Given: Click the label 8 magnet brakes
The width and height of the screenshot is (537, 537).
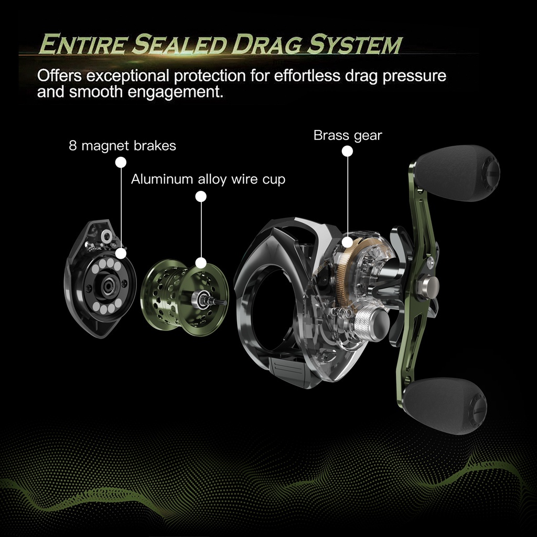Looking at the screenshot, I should [122, 145].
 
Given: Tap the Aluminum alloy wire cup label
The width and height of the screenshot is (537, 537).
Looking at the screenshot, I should [208, 179].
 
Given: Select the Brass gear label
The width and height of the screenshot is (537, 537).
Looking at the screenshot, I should [348, 135].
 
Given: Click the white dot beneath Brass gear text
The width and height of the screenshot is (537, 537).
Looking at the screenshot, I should [347, 152].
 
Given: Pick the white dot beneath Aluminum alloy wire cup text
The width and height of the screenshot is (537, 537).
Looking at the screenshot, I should [200, 197].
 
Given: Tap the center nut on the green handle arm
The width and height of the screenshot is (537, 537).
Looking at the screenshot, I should [427, 286].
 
